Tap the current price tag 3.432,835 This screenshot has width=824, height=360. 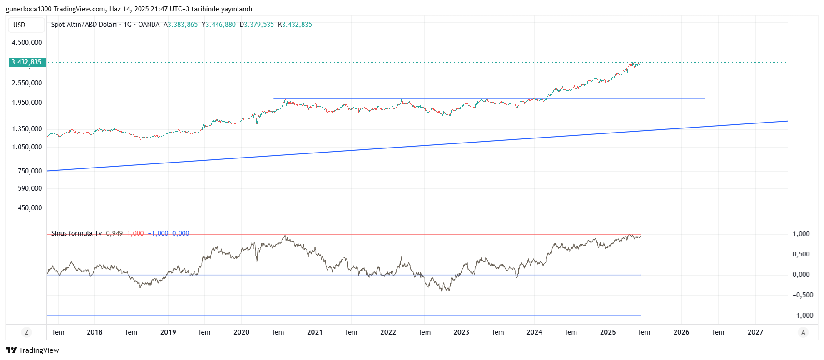[27, 62]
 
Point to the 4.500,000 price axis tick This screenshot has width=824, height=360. [27, 43]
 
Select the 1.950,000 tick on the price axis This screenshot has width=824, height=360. [27, 103]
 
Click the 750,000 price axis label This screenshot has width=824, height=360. [30, 171]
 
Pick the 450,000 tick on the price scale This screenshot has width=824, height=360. [30, 208]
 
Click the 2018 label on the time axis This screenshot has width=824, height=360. [94, 332]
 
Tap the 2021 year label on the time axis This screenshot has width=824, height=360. [315, 332]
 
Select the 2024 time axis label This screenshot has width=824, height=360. [534, 332]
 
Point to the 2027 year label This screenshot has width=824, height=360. [755, 332]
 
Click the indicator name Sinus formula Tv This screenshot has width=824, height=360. [76, 233]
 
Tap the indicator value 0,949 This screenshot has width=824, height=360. [114, 233]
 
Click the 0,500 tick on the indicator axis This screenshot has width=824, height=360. [801, 254]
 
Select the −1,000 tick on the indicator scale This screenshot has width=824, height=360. [803, 316]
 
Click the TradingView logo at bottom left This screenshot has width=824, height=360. [32, 350]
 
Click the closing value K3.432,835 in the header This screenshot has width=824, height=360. [295, 25]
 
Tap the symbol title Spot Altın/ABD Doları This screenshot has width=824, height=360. [84, 25]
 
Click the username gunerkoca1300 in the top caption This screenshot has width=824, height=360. [29, 9]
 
